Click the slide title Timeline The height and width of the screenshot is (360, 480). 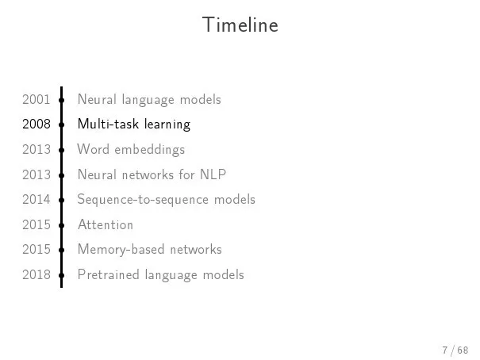click(x=240, y=25)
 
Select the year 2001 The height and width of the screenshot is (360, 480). click(x=36, y=100)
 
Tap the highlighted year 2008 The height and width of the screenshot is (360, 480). click(x=36, y=124)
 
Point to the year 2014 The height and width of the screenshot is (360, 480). click(x=36, y=199)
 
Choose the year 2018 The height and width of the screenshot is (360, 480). click(x=36, y=274)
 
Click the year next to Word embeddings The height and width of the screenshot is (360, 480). click(x=36, y=150)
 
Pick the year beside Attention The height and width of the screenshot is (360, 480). click(x=36, y=225)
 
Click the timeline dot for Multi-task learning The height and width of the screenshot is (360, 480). click(x=62, y=124)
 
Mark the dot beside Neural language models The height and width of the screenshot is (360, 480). click(x=62, y=100)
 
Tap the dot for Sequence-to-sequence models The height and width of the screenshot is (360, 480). click(x=62, y=200)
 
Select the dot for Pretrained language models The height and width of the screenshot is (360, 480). click(x=62, y=275)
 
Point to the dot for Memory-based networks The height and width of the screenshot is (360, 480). click(x=62, y=251)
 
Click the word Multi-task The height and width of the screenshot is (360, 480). click(x=109, y=124)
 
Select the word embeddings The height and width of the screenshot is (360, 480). click(x=150, y=150)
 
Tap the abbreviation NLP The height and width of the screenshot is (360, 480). click(x=213, y=174)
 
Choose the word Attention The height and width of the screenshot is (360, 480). click(x=106, y=224)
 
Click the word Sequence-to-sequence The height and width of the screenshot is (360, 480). click(x=143, y=200)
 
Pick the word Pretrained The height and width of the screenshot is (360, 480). click(x=109, y=274)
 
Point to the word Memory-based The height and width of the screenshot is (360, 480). click(x=121, y=250)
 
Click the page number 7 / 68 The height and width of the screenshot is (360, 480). click(x=455, y=350)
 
